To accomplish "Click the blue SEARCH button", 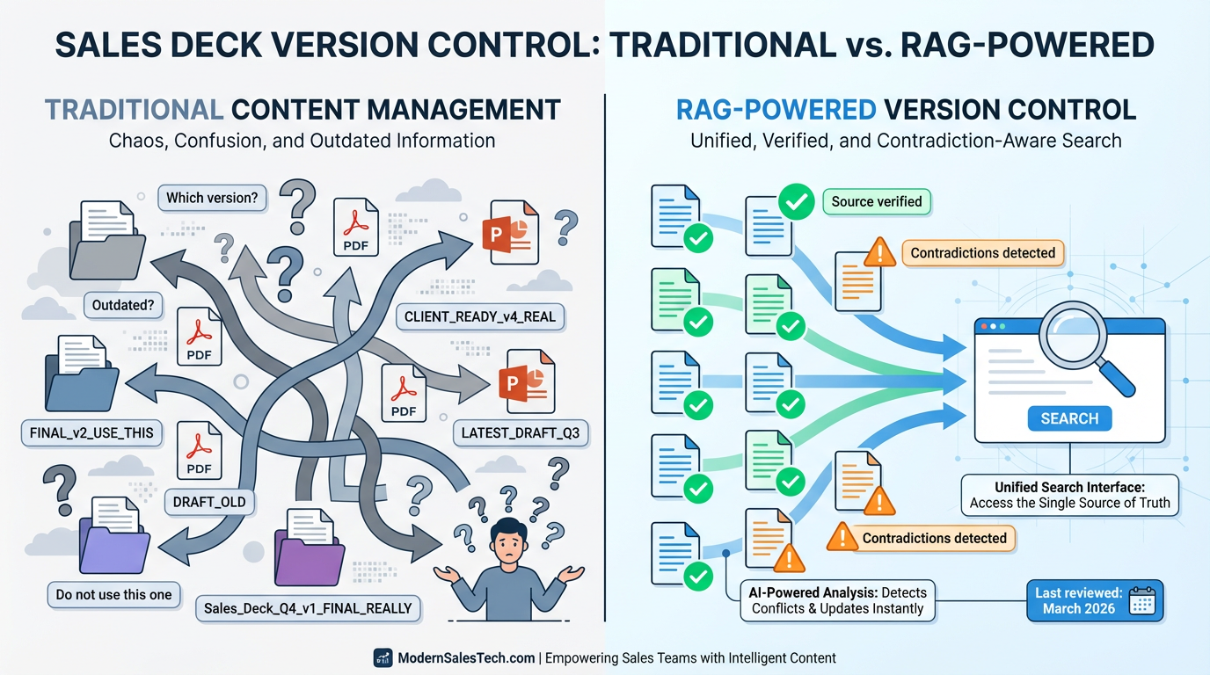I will pos(1069,418).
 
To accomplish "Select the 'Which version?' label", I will pos(212,198).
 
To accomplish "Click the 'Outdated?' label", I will pos(123,306).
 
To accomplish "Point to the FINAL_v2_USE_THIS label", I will pos(91,432).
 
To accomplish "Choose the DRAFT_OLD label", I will pos(210,503).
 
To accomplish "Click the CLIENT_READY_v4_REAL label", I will pos(479,316).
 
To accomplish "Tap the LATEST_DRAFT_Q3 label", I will pos(521,432).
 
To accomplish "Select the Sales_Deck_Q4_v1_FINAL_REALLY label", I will pos(308,607).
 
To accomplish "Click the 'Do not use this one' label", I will pos(113,594).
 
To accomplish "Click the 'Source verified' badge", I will pos(876,201).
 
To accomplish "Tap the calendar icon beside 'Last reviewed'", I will pos(1141,602).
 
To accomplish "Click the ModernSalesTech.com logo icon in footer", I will pos(382,657).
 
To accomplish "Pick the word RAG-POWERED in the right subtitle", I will pos(776,110).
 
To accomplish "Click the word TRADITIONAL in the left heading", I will pos(134,110).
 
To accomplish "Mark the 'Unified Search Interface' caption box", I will pos(1069,495).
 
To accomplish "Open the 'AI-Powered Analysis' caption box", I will pos(838,600).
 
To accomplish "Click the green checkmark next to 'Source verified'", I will pos(797,201).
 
